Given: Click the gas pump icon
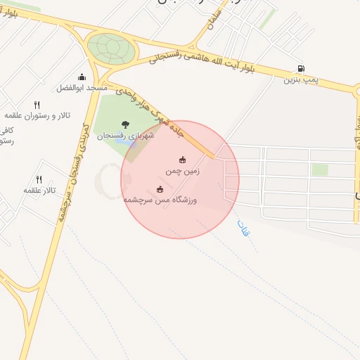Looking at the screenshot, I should pyautogui.click(x=302, y=69).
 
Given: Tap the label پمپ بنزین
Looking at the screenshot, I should pyautogui.click(x=301, y=80).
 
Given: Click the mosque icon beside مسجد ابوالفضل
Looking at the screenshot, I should pyautogui.click(x=82, y=77).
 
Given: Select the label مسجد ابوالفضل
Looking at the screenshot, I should pyautogui.click(x=82, y=88).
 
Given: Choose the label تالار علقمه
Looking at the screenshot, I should pyautogui.click(x=39, y=190).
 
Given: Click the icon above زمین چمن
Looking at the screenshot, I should pyautogui.click(x=183, y=160).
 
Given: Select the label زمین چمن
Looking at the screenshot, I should pyautogui.click(x=183, y=171).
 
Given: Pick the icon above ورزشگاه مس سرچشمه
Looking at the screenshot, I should pyautogui.click(x=160, y=188).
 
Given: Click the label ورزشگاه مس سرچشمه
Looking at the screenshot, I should pyautogui.click(x=160, y=200).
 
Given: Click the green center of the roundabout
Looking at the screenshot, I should pyautogui.click(x=110, y=47).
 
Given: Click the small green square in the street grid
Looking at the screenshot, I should pyautogui.click(x=320, y=169).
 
